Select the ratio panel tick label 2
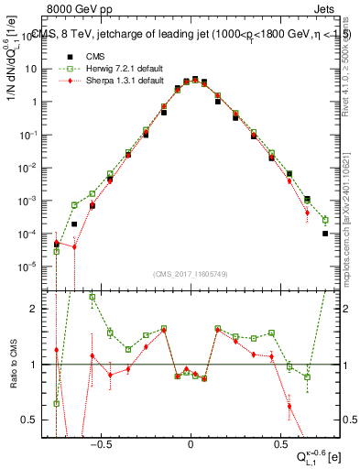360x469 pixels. (39, 310)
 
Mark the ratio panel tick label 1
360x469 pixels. (39, 365)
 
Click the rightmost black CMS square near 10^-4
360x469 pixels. (325, 234)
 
